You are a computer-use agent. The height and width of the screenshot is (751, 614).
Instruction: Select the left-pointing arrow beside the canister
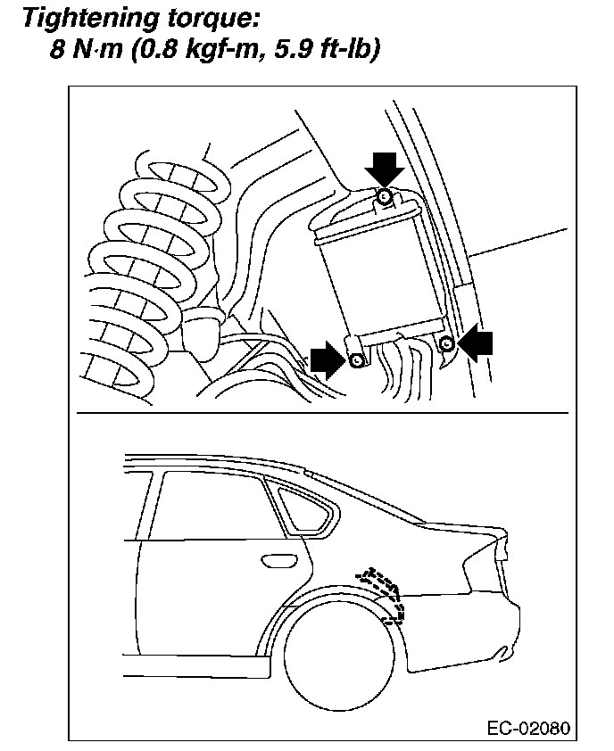coord(478,343)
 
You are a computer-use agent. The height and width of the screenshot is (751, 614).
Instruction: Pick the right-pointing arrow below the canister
coord(327,360)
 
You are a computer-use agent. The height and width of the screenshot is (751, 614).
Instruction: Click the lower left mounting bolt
coord(357,360)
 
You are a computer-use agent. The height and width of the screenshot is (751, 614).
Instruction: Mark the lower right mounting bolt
coord(448,343)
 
